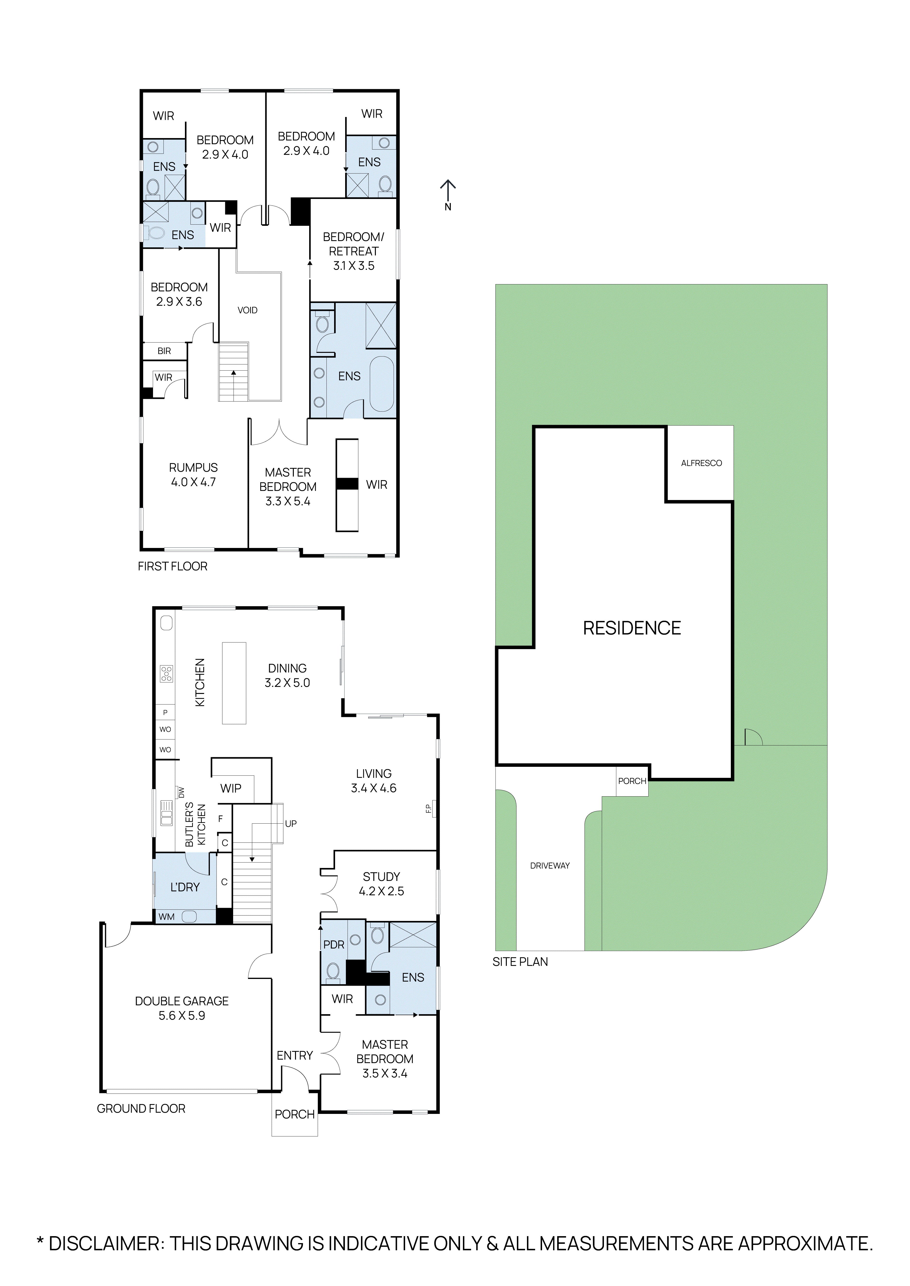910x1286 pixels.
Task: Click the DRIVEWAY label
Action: click(550, 866)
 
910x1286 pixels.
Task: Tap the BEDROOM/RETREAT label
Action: click(354, 251)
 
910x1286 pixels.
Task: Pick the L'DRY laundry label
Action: click(185, 887)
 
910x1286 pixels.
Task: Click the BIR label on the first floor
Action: click(164, 351)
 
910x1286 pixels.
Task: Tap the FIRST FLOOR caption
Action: click(173, 567)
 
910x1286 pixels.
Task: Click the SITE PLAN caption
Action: click(520, 962)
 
